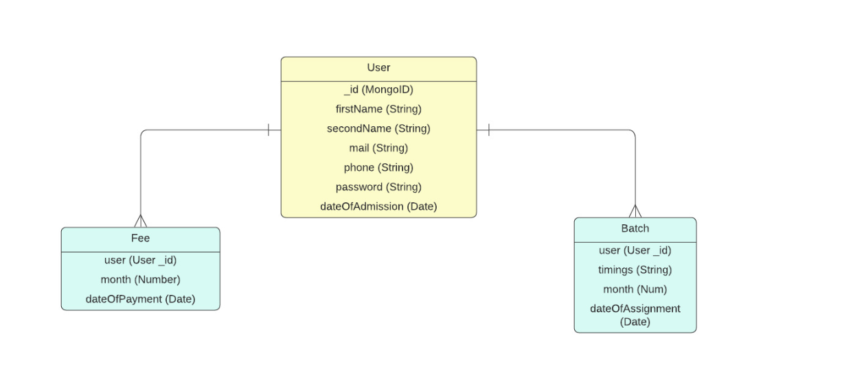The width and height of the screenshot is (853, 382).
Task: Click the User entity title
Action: [x=378, y=68]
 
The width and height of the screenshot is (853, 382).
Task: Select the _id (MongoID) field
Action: [x=378, y=89]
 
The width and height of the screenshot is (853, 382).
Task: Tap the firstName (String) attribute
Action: [x=378, y=108]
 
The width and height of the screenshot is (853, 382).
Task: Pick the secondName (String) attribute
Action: [x=378, y=128]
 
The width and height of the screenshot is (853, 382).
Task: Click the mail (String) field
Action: [x=378, y=147]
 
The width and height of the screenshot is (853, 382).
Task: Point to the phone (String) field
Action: [x=378, y=167]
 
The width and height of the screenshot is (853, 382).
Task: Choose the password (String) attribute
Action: [x=378, y=187]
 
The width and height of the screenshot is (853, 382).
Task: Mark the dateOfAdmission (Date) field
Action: [x=378, y=206]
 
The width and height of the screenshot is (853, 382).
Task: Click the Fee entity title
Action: [x=140, y=239]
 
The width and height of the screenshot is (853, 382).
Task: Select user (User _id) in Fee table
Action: [x=140, y=260]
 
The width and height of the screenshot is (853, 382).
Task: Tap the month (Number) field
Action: [x=140, y=279]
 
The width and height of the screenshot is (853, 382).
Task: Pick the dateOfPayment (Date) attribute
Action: [x=140, y=299]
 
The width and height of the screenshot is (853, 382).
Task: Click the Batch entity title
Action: [x=635, y=228]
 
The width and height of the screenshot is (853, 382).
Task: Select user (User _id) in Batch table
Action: [x=635, y=250]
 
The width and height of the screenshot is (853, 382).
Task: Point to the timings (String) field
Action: [x=635, y=270]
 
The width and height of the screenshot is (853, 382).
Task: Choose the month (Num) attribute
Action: [x=635, y=289]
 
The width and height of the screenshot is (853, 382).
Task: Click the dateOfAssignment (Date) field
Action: [x=635, y=315]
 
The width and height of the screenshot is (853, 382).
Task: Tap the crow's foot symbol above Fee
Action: [x=140, y=221]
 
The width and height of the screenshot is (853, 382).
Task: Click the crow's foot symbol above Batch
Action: [x=635, y=211]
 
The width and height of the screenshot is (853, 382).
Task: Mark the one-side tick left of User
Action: [x=269, y=130]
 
